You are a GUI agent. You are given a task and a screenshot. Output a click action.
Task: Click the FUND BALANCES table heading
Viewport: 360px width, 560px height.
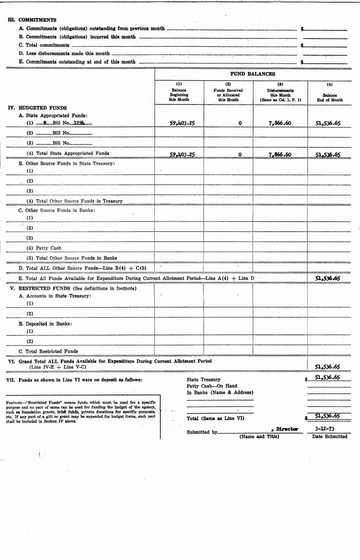tap(252, 74)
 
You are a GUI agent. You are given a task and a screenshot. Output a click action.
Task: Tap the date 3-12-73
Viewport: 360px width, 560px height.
tap(326, 429)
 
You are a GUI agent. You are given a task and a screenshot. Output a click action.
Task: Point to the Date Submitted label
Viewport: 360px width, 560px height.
tap(330, 436)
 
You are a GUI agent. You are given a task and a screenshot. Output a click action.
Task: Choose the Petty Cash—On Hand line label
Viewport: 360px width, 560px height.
tap(212, 386)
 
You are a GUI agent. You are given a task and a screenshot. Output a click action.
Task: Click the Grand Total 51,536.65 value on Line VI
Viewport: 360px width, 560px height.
tap(327, 366)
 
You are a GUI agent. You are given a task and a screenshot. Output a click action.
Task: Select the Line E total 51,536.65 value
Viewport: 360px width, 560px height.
tap(327, 278)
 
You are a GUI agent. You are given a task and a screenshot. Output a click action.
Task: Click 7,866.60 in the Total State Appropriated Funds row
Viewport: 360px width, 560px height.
tap(280, 154)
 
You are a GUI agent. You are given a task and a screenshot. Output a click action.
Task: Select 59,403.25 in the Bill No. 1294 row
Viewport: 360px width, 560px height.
tap(182, 123)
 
